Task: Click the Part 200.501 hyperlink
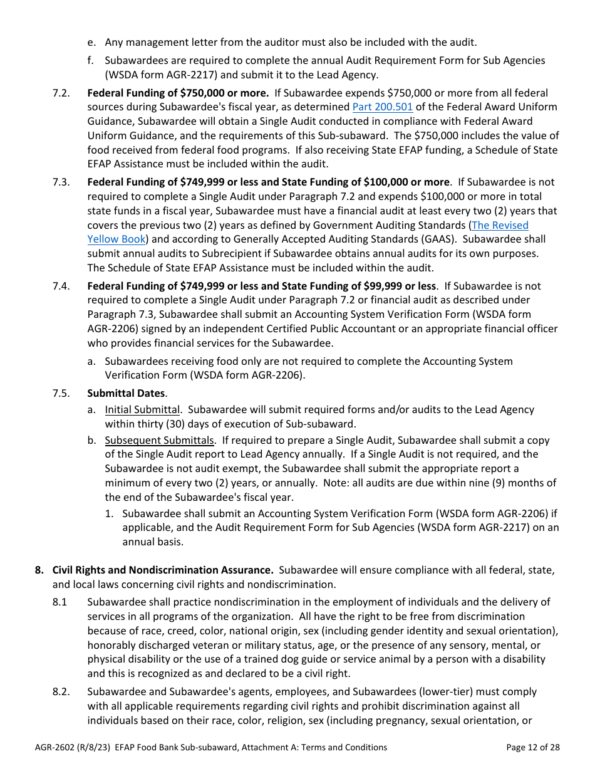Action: pyautogui.click(x=382, y=107)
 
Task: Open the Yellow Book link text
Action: pyautogui.click(x=116, y=239)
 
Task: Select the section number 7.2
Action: pyautogui.click(x=61, y=93)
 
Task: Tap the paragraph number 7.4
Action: pyautogui.click(x=61, y=286)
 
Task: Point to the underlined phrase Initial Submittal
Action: pyautogui.click(x=142, y=409)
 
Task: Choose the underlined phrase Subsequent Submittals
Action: pyautogui.click(x=159, y=440)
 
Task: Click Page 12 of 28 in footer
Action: pyautogui.click(x=532, y=747)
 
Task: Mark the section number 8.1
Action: pyautogui.click(x=60, y=602)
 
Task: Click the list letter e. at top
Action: pyautogui.click(x=91, y=43)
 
